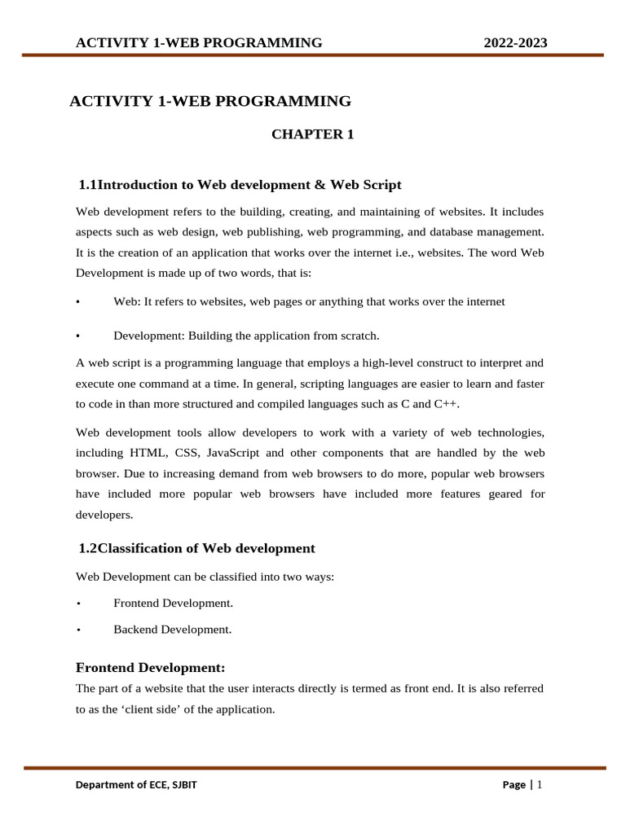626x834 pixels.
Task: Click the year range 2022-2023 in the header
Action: (515, 43)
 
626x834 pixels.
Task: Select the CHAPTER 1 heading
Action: (312, 134)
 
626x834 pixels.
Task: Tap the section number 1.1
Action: (88, 186)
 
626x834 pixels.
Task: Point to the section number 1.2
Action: (88, 548)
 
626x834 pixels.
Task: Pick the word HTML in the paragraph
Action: (145, 453)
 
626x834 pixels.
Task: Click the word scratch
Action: (359, 336)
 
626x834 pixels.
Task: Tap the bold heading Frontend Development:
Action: (150, 669)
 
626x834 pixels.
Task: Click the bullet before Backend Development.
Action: (78, 630)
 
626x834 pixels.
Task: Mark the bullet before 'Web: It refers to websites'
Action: (78, 302)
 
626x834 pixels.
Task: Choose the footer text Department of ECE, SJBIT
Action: (136, 785)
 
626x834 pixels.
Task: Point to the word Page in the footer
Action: (514, 785)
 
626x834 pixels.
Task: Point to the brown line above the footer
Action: (315, 768)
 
